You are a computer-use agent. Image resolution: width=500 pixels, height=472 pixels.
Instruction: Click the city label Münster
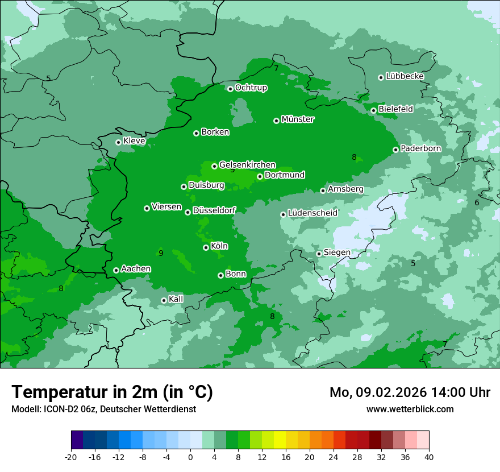pos(298,119)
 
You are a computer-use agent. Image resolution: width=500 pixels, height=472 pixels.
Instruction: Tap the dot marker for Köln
pos(206,247)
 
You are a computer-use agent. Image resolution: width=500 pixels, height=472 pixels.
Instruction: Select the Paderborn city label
pos(420,148)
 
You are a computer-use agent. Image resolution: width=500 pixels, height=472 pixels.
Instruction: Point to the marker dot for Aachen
pos(116,270)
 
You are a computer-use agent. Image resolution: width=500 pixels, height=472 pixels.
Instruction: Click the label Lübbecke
pos(405,76)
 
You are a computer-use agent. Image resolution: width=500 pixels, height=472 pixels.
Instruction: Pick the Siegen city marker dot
pos(319,254)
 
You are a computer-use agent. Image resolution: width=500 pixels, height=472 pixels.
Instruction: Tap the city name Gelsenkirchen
pos(247,165)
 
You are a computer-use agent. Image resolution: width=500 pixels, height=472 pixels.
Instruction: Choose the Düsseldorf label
pos(214,210)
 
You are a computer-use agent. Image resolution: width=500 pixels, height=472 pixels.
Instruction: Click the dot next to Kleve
pos(118,142)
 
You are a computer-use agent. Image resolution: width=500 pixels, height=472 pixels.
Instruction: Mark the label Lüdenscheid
pos(312,213)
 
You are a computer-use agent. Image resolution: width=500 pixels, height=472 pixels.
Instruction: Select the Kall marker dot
pos(164,300)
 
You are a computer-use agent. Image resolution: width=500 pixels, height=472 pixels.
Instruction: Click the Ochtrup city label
pos(251,88)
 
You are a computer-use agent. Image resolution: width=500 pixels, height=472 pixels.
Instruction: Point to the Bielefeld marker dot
pos(373,110)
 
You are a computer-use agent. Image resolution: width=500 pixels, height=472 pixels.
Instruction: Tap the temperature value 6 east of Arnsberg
pos(477,203)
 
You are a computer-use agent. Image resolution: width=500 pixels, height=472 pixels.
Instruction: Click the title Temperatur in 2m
pos(112,392)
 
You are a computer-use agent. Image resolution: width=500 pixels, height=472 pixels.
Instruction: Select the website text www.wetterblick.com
pos(410,409)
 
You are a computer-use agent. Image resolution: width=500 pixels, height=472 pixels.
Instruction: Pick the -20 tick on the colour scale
pos(71,457)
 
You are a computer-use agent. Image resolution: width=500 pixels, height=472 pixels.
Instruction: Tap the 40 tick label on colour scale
pos(429,457)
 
